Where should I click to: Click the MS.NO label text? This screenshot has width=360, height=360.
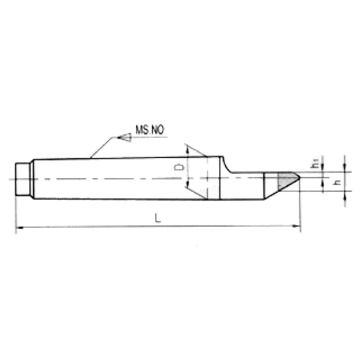click(150, 131)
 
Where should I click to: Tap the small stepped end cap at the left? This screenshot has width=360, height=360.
click(22, 179)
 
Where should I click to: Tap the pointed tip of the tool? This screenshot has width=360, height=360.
click(300, 179)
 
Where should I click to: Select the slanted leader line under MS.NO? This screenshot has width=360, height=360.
click(100, 147)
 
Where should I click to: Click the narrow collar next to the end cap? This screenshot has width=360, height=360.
click(32, 179)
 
